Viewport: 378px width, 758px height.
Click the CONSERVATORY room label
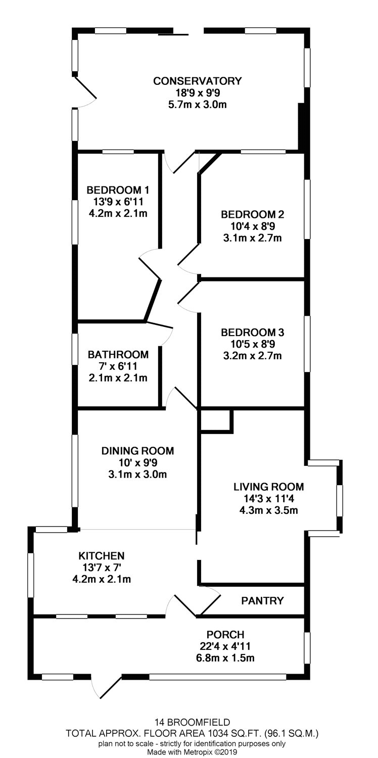tap(197, 81)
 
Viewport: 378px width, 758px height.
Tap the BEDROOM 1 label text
tap(118, 190)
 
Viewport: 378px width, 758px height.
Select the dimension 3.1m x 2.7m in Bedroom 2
tap(253, 238)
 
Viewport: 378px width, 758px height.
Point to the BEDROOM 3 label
tap(253, 333)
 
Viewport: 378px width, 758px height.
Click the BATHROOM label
tap(118, 355)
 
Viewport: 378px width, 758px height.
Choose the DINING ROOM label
tap(138, 451)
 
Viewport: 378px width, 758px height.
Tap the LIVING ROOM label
tap(269, 487)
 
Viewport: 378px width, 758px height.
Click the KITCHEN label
tap(102, 556)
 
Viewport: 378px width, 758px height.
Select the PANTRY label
tap(262, 601)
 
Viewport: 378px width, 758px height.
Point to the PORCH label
tap(225, 635)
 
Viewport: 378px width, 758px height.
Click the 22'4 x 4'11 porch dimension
tap(225, 646)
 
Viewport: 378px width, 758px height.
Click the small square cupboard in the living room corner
tap(217, 421)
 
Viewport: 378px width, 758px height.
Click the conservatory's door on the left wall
tap(85, 92)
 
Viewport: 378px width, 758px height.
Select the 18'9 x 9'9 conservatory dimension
tap(198, 92)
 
